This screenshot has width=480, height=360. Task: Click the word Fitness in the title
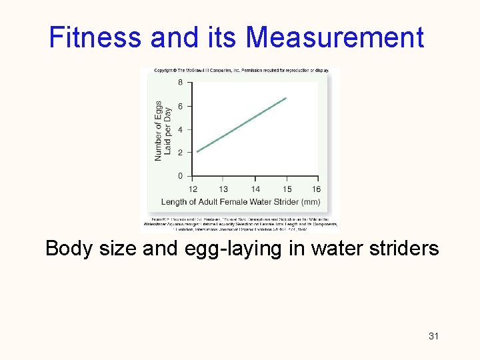[96, 38]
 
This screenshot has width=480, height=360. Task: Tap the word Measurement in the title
[335, 38]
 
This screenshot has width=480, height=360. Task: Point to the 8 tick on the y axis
[180, 83]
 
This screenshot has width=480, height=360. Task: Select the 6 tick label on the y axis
[180, 106]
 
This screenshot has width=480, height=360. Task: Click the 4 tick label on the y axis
[180, 129]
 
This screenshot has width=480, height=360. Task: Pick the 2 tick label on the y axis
[180, 153]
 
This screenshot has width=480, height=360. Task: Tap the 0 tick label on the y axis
[180, 176]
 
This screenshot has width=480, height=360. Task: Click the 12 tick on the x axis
[193, 189]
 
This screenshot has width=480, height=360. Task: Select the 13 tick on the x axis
[223, 189]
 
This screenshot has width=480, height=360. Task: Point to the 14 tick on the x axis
[255, 189]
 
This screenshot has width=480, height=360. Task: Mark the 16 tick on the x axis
[316, 189]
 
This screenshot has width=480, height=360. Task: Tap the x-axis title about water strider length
[241, 202]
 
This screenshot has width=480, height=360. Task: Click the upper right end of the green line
[286, 98]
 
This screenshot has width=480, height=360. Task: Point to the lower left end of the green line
[197, 151]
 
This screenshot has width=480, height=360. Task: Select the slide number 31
[433, 336]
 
